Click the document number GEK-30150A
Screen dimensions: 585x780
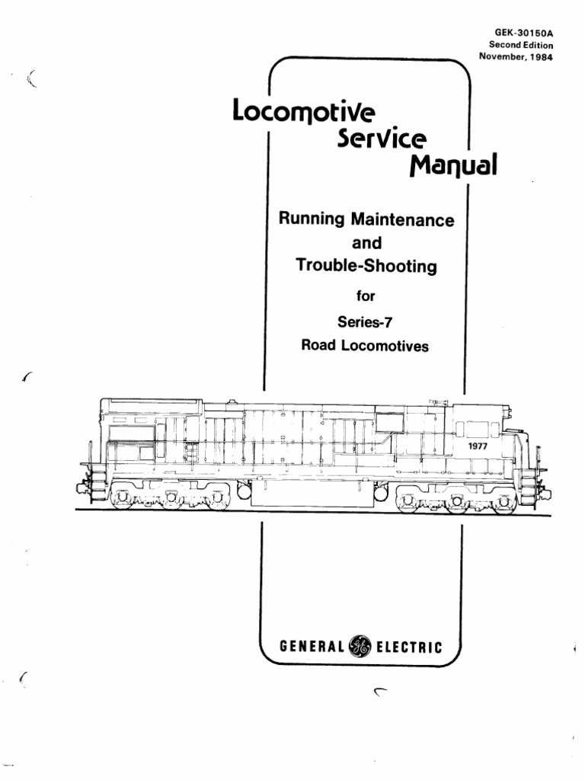tap(523, 33)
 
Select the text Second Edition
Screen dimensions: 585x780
tap(521, 45)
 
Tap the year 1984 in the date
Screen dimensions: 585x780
tap(541, 56)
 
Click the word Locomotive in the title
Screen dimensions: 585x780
tap(304, 111)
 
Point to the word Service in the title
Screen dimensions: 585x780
tap(382, 138)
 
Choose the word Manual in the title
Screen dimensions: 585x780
tap(453, 165)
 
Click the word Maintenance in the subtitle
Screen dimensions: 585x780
tap(402, 219)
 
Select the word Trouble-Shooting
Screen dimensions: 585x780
tap(366, 265)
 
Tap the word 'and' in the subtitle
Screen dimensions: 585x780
tap(366, 243)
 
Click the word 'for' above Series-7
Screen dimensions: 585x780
tap(366, 296)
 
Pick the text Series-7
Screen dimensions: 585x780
tap(365, 322)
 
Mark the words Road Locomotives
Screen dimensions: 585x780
tap(365, 345)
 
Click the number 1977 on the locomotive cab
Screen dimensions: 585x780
tap(478, 446)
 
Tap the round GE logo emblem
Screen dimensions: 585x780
tap(360, 646)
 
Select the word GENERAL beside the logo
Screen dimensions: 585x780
tap(312, 647)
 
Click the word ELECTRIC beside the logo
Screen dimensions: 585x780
tap(409, 647)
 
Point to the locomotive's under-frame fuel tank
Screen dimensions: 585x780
tap(312, 494)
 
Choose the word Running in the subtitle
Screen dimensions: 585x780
tap(312, 219)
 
